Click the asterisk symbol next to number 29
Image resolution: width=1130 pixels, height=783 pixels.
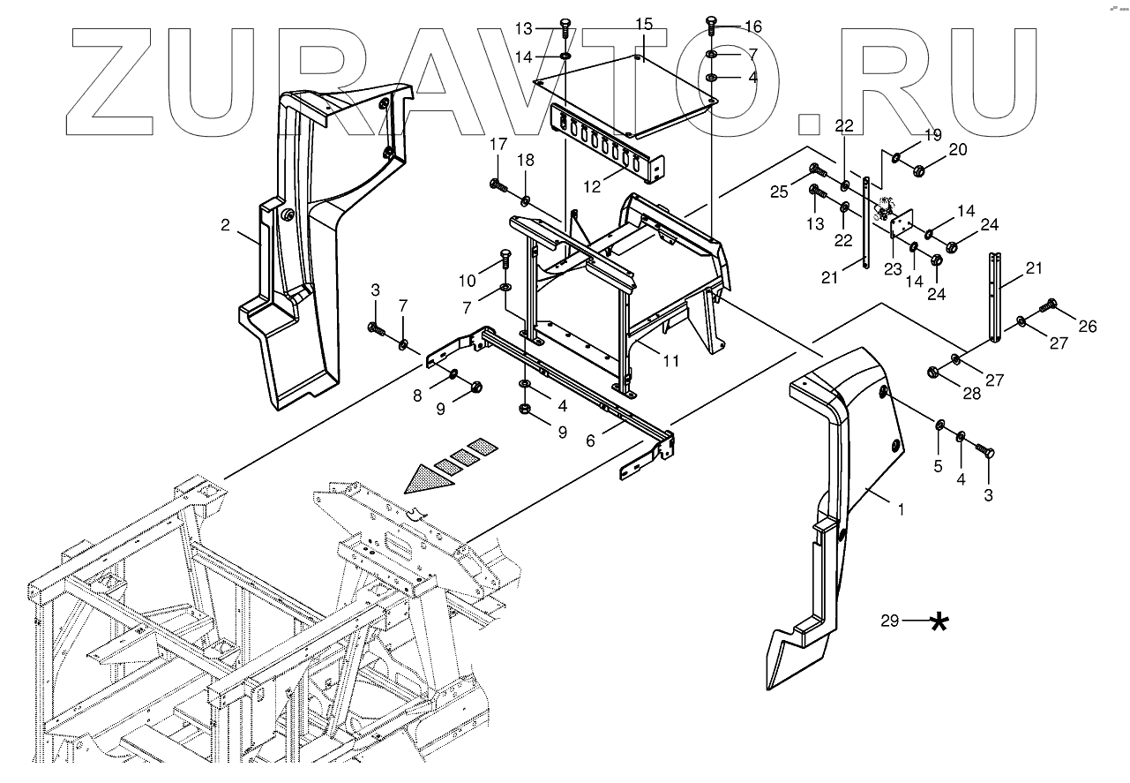[x=940, y=622]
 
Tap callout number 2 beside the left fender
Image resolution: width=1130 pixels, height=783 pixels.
[x=226, y=226]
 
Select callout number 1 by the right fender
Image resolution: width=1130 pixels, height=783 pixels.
[x=901, y=509]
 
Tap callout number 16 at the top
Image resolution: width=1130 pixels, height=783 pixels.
[x=752, y=26]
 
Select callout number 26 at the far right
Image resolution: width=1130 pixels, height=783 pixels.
[x=1088, y=327]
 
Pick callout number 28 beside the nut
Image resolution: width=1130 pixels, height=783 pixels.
[x=971, y=394]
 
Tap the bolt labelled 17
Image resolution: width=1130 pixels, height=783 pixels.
[x=495, y=184]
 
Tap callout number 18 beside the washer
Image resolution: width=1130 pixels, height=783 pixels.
[x=526, y=161]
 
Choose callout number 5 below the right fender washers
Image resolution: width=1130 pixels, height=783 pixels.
[x=938, y=465]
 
